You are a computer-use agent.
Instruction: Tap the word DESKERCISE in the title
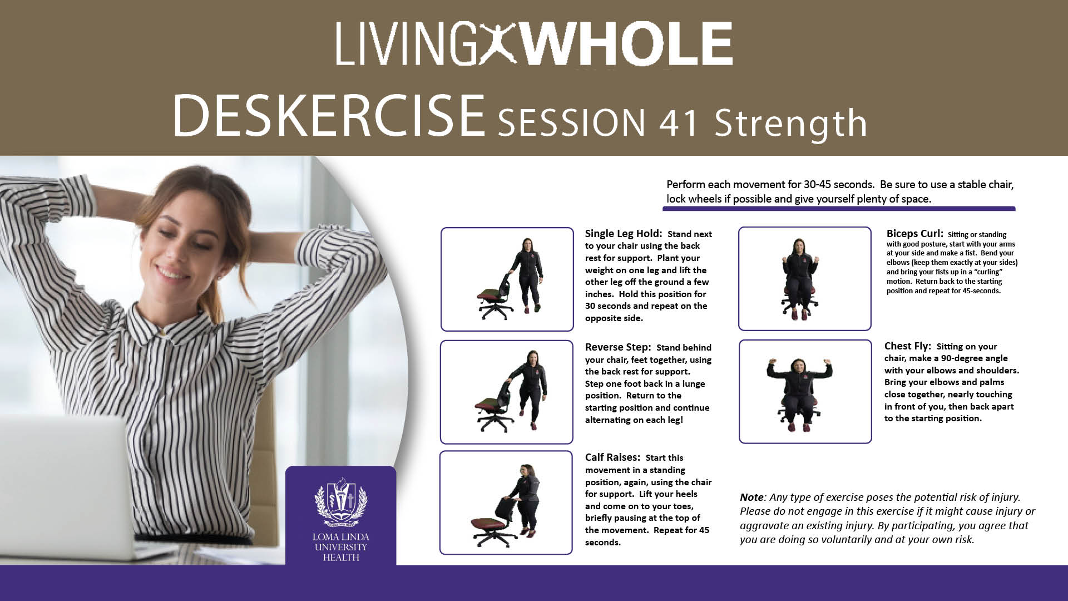329,116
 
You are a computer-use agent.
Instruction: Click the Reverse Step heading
617,347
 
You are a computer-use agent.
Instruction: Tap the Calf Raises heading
612,457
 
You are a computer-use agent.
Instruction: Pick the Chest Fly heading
907,346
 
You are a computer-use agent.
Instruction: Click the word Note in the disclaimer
752,497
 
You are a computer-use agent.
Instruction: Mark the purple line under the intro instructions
839,209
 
